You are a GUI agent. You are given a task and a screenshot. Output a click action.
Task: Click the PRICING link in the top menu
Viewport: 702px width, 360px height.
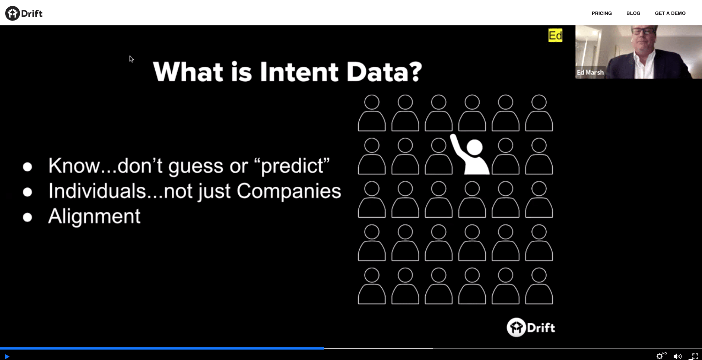click(x=601, y=13)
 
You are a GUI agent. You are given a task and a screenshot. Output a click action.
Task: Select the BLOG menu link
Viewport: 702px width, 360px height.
click(x=633, y=13)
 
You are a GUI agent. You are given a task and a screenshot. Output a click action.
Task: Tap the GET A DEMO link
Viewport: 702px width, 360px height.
click(x=670, y=13)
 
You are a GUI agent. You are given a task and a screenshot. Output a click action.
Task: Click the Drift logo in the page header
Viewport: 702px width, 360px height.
click(x=24, y=13)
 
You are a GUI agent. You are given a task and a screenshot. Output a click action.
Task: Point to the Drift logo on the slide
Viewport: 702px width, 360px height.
click(x=531, y=328)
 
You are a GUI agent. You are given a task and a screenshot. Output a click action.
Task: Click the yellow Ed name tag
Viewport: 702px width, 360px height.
click(x=555, y=35)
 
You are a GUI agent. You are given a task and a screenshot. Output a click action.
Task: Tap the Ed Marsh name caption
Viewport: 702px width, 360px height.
click(x=590, y=72)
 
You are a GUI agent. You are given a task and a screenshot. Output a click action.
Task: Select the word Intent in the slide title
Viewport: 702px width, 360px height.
click(x=299, y=72)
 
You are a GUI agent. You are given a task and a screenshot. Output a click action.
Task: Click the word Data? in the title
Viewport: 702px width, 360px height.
click(x=384, y=72)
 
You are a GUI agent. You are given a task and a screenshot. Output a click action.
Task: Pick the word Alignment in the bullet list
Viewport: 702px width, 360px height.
click(x=95, y=216)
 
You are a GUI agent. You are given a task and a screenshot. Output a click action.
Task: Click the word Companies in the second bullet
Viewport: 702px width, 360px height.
click(x=289, y=191)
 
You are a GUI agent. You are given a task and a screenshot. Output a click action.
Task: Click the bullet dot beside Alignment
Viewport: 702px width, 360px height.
click(x=27, y=217)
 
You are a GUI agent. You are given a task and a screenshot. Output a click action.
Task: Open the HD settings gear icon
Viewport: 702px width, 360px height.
click(x=660, y=356)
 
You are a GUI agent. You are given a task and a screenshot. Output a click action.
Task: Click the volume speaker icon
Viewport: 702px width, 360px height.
click(x=677, y=356)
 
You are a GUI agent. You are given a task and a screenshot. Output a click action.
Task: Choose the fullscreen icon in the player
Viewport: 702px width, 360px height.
click(x=695, y=356)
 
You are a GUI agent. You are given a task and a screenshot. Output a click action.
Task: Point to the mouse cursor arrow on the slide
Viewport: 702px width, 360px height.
click(x=131, y=59)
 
